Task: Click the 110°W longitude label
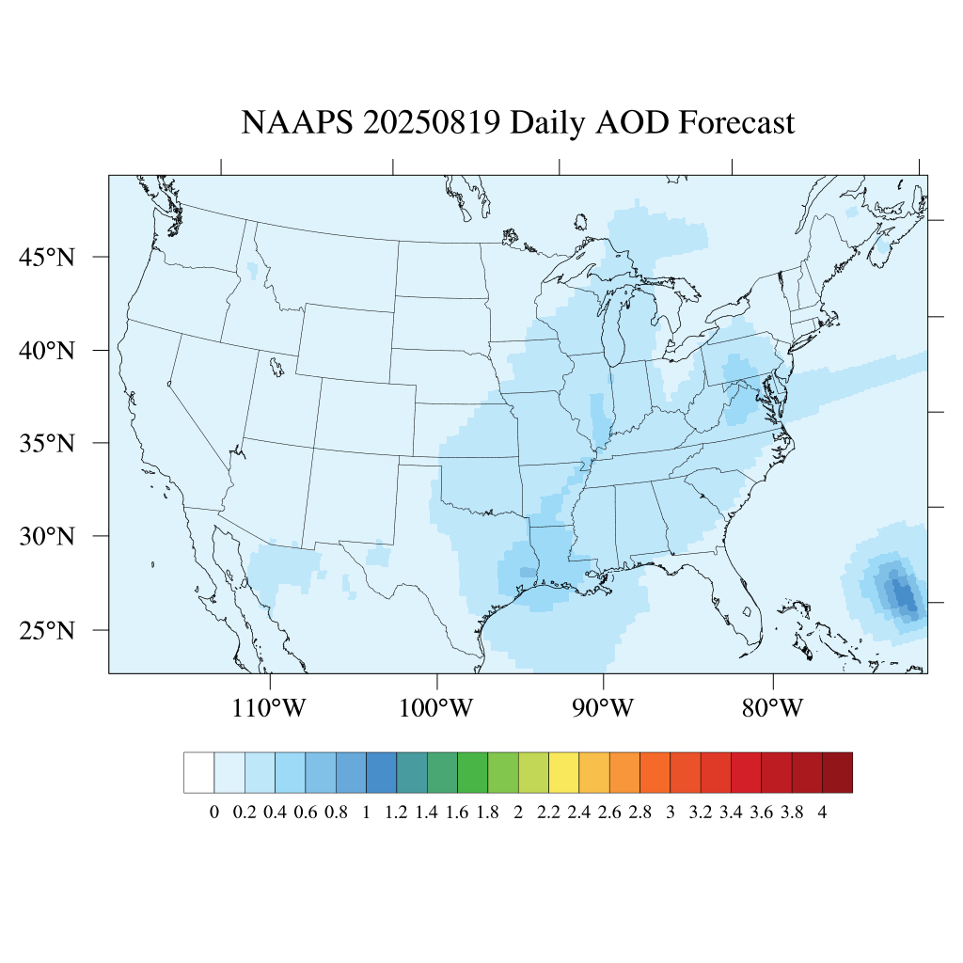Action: (x=269, y=707)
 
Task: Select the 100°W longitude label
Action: (x=436, y=707)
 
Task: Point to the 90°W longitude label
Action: (x=604, y=707)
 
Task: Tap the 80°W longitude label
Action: (x=772, y=707)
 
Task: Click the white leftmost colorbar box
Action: (x=199, y=772)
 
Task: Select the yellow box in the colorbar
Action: (x=563, y=772)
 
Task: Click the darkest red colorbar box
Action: (x=837, y=772)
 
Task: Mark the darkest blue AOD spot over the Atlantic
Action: (x=904, y=594)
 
